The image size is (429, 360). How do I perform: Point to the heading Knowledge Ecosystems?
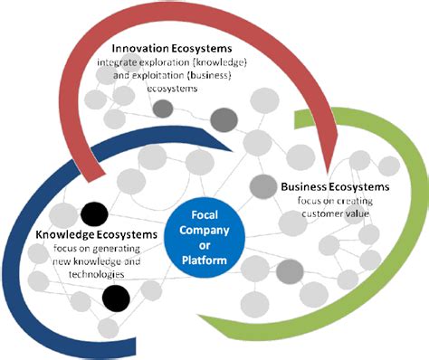[97, 235]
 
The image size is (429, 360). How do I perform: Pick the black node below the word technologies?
[115, 296]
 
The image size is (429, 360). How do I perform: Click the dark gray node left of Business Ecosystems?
[262, 186]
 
